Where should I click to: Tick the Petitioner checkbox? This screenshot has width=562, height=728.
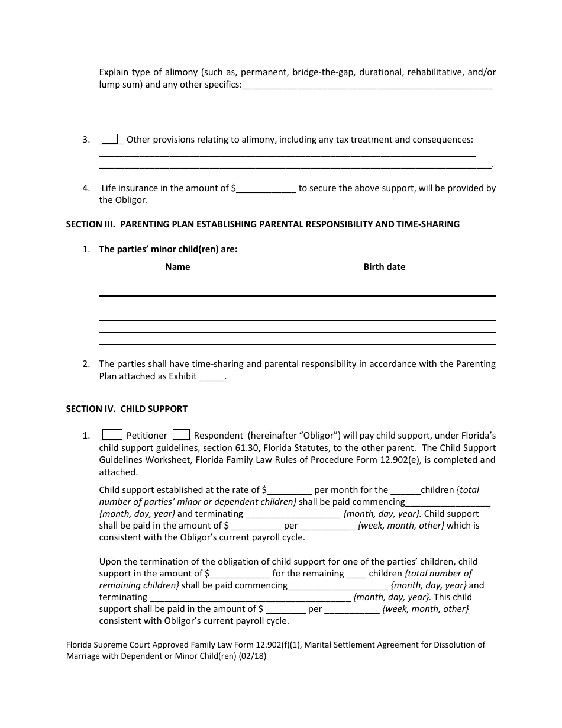coord(112,435)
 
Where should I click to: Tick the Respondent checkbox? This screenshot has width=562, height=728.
coord(181,435)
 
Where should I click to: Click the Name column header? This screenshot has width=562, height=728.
coord(177,267)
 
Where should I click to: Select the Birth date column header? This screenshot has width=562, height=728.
coord(384,267)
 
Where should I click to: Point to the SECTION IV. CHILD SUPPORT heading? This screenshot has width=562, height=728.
coord(127,409)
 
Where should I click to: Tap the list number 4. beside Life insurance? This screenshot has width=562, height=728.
coord(86,189)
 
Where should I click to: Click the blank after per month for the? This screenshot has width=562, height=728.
coord(405,490)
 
